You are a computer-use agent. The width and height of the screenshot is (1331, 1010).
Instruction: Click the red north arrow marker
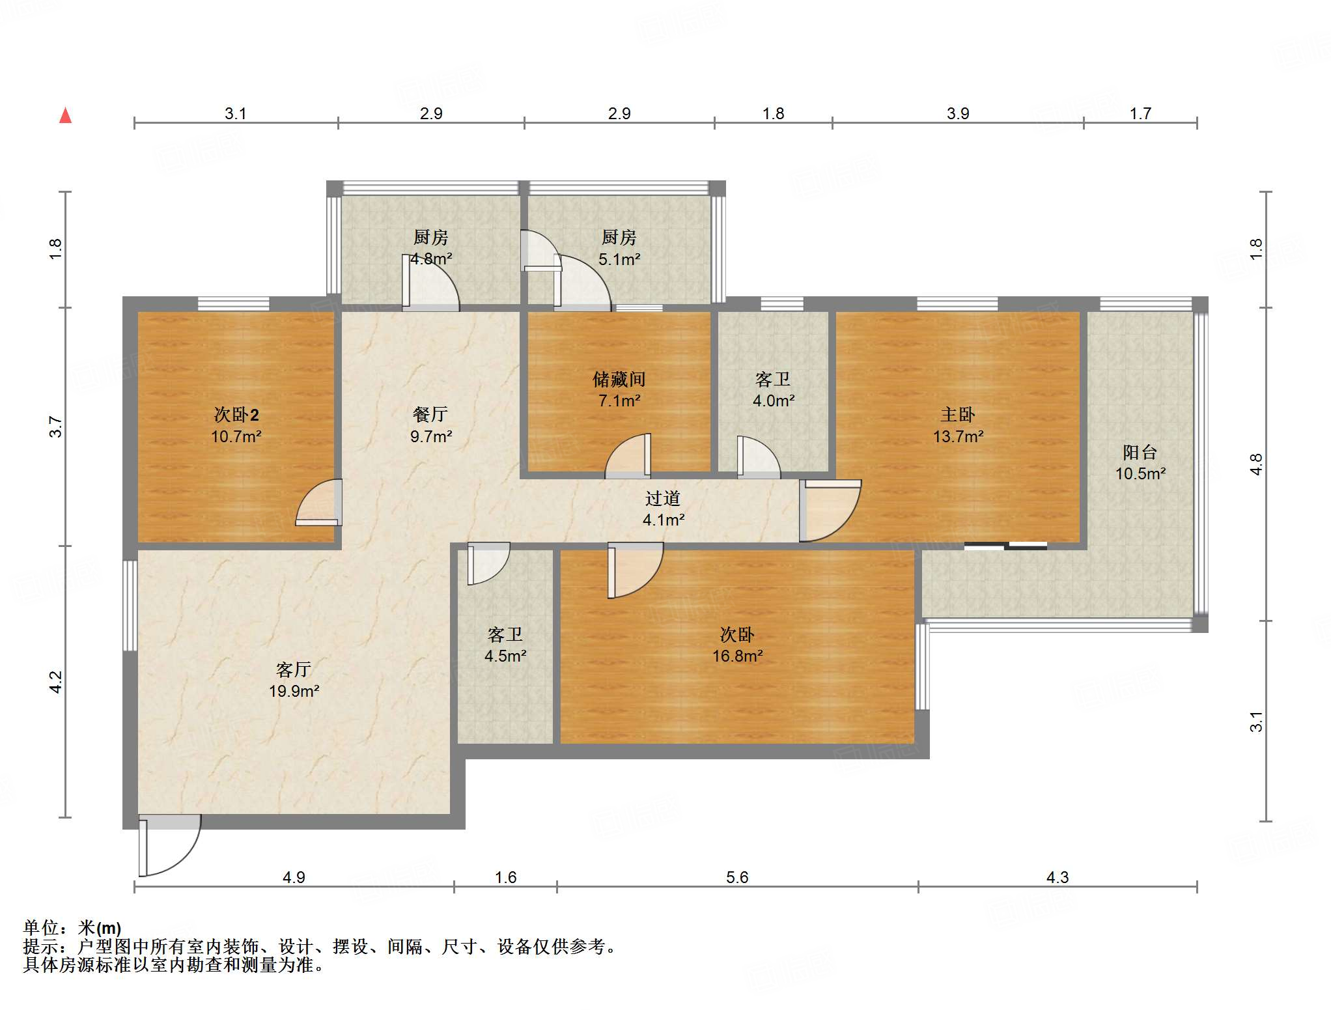[x=66, y=115]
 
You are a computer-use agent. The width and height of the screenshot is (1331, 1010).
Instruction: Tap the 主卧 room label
[x=957, y=415]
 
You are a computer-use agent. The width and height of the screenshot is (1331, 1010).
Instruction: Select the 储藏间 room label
[x=619, y=379]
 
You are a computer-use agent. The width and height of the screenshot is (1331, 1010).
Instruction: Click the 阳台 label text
[x=1140, y=452]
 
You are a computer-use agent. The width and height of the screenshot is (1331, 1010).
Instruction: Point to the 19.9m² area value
[x=294, y=691]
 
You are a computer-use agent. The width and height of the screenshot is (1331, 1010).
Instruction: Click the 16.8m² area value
[x=737, y=656]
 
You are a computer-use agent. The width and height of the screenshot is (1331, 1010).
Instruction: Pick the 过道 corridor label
[x=663, y=498]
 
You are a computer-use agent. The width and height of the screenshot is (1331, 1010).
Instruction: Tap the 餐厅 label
[x=430, y=414]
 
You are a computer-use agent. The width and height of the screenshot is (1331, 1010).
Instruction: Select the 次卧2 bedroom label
[x=236, y=415]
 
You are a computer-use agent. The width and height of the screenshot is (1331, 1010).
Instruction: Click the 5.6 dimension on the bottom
[x=737, y=877]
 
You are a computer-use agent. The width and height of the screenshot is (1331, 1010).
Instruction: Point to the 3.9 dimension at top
[x=958, y=113]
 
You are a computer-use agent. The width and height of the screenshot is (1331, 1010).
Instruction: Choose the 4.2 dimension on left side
[x=56, y=682]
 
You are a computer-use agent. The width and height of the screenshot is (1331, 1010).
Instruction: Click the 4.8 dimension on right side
[x=1256, y=464]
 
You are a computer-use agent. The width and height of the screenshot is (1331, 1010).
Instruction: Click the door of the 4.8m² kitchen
[x=430, y=281]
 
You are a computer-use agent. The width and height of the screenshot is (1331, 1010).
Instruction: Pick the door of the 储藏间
[x=628, y=455]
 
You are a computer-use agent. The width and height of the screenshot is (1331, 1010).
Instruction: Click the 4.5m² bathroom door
[x=488, y=563]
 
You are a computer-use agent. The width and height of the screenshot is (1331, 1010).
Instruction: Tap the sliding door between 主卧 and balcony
[x=1005, y=546]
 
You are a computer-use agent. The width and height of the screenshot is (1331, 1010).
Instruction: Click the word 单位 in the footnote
[x=40, y=927]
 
